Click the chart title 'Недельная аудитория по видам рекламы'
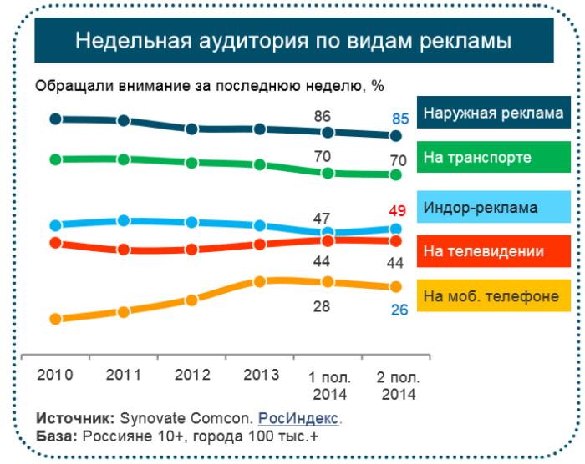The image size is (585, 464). pyautogui.click(x=293, y=40)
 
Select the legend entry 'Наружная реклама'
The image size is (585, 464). pyautogui.click(x=492, y=113)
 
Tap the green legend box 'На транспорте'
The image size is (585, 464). pyautogui.click(x=492, y=159)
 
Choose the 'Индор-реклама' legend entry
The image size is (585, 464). pyautogui.click(x=492, y=207)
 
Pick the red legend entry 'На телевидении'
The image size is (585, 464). pyautogui.click(x=492, y=251)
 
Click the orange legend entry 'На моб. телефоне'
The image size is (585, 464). pyautogui.click(x=492, y=295)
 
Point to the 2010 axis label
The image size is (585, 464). pyautogui.click(x=55, y=375)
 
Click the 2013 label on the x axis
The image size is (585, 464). pyautogui.click(x=261, y=375)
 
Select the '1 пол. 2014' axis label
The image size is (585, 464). pyautogui.click(x=328, y=384)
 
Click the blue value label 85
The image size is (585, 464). pyautogui.click(x=400, y=119)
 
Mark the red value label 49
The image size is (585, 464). pyautogui.click(x=398, y=210)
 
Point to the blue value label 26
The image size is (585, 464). pyautogui.click(x=399, y=310)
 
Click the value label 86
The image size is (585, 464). pyautogui.click(x=322, y=116)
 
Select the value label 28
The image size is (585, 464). pyautogui.click(x=322, y=306)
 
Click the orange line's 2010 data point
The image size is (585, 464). pyautogui.click(x=56, y=319)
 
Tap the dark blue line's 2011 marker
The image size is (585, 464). pyautogui.click(x=124, y=121)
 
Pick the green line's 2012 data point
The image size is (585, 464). pyautogui.click(x=192, y=163)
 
